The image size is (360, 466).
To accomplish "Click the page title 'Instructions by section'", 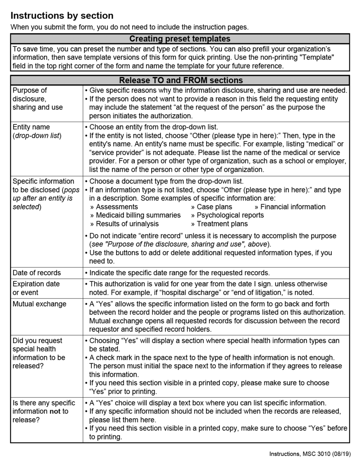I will pos(62,16).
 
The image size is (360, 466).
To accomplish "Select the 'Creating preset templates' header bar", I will pos(180,39).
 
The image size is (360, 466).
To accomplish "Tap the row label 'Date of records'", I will pos(36,273).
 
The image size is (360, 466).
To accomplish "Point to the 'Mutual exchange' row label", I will pos(39,304).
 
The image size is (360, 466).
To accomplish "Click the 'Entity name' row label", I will pos(31,127).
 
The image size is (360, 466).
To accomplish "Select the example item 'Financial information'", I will pos(292,207).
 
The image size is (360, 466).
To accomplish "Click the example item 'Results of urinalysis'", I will pos(127,224).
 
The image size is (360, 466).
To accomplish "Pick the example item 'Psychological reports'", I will pos(230,215).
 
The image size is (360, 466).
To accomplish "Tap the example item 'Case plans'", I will pos(214,207).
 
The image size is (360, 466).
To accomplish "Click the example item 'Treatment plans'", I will pos(222,224).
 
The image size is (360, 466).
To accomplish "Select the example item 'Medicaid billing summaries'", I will pos(138,215).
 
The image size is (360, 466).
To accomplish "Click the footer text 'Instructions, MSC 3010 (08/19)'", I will pos(310,453).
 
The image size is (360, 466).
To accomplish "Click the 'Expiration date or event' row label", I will pos(36,288).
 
